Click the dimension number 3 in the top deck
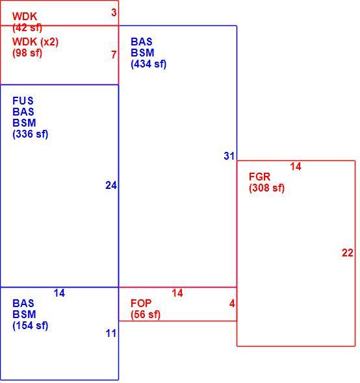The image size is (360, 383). tap(114, 12)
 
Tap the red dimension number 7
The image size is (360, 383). tap(114, 55)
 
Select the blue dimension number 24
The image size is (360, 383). tap(111, 186)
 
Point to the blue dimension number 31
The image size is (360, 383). tap(229, 156)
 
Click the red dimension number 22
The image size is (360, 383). tap(348, 253)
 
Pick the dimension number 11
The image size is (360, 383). tap(111, 333)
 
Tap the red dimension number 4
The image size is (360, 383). tap(232, 303)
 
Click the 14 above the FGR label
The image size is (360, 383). tap(296, 166)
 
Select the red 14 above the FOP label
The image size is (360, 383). tap(177, 293)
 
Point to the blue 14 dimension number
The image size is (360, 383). tap(59, 293)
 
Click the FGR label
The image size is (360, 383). tap(259, 177)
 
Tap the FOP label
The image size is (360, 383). tap(141, 303)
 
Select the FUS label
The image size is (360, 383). tap(23, 101)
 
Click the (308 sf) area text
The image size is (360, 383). tap(267, 188)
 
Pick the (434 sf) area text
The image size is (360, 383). tap(149, 64)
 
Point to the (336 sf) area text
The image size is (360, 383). tap(31, 134)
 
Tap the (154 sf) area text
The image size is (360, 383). tap(31, 325)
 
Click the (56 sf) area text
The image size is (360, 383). tap(146, 314)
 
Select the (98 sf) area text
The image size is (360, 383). tap(27, 53)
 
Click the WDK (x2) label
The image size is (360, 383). tap(36, 42)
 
